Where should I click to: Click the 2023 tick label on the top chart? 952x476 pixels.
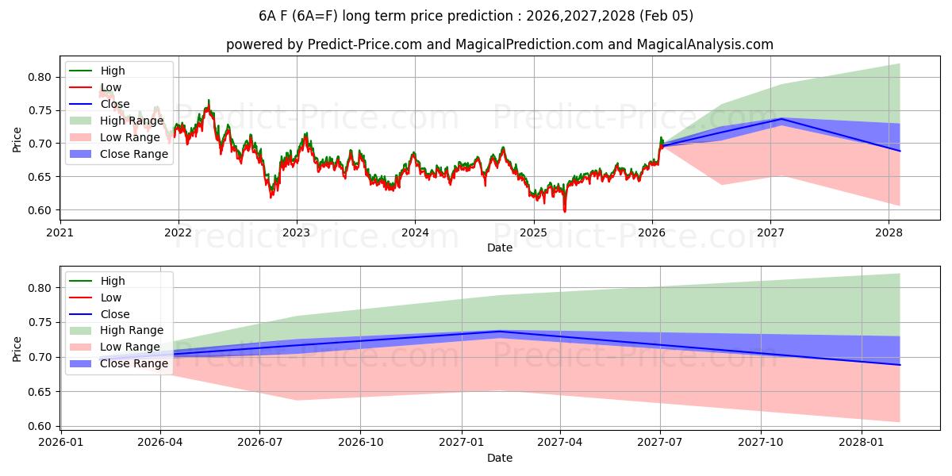[297, 232]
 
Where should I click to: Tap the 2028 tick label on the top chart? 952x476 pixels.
[889, 232]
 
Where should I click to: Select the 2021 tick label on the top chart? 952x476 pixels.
[60, 232]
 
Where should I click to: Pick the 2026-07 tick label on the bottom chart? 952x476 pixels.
[260, 442]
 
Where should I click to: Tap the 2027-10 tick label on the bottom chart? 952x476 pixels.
[761, 442]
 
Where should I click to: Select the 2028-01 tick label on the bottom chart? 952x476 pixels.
[861, 442]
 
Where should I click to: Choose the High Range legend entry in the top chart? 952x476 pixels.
[130, 121]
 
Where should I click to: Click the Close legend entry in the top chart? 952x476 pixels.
[115, 104]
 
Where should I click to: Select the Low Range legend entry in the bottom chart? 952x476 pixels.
[129, 347]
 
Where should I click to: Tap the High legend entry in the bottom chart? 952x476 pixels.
[113, 281]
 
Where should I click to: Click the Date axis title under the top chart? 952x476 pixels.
[500, 248]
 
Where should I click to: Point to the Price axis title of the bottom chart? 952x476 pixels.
[17, 348]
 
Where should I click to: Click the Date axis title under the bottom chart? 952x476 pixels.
[500, 458]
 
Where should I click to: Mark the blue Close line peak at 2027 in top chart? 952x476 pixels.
[781, 119]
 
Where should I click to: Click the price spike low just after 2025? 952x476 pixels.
[565, 211]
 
